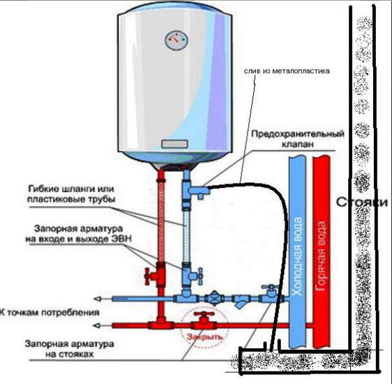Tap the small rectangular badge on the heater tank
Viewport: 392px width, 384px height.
[x=176, y=144]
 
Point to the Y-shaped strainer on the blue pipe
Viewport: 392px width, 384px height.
[x=241, y=302]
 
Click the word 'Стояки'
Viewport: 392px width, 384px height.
[x=361, y=203]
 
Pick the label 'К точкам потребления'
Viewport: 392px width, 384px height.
[x=48, y=312]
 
